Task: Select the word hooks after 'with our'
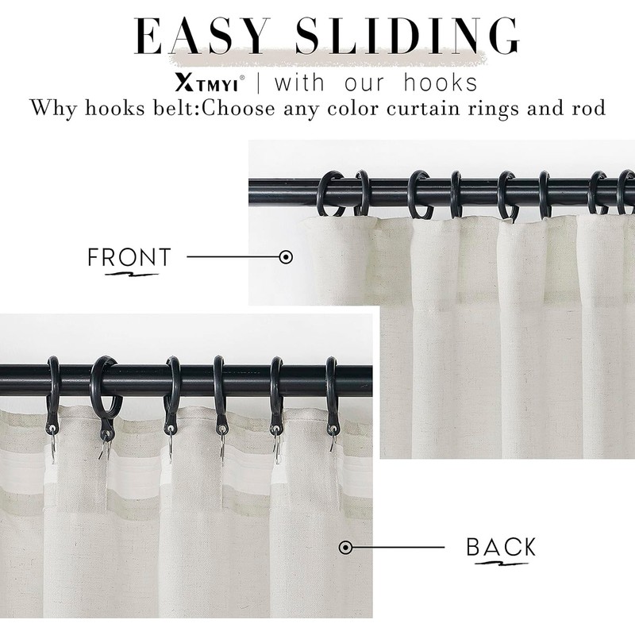pos(441,83)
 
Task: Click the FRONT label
pos(129,257)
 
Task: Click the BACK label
pos(501,547)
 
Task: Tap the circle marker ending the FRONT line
pos(287,257)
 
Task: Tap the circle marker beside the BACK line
pos(345,547)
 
